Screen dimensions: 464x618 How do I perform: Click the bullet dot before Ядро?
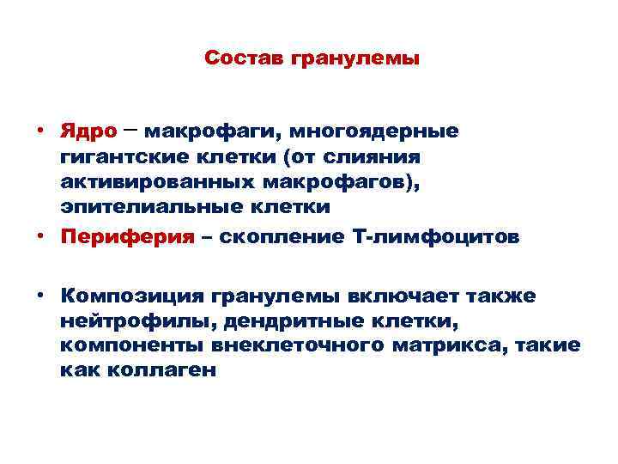pos(40,132)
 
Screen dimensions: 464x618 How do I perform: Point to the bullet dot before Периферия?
pos(40,238)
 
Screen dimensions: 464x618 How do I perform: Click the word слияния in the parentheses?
pos(385,157)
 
